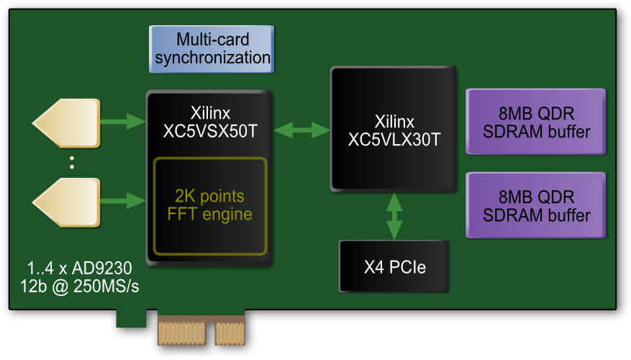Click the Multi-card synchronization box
point(212,49)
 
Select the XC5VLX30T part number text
point(393,140)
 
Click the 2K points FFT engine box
point(209,206)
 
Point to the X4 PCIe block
point(394,267)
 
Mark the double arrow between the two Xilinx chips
point(301,130)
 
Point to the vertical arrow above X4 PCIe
point(394,215)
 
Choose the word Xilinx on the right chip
point(394,122)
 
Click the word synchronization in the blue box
point(212,58)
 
